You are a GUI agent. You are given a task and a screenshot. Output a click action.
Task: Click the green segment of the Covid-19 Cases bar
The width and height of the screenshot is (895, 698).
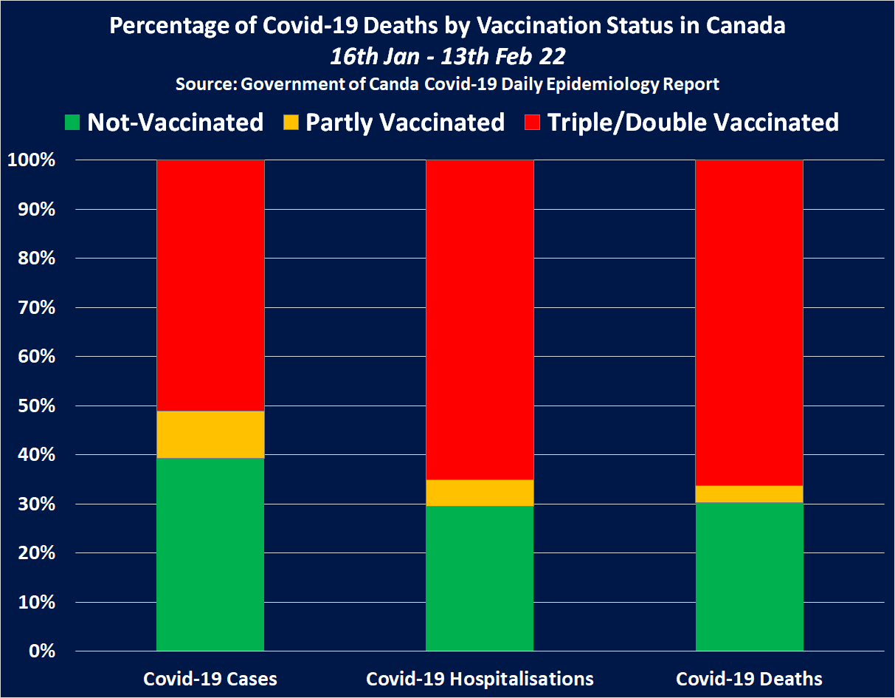click(210, 554)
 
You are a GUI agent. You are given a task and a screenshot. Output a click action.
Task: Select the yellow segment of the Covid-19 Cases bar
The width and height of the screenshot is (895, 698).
click(210, 434)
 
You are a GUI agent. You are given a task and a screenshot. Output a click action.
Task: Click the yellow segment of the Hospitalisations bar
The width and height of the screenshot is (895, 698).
click(480, 493)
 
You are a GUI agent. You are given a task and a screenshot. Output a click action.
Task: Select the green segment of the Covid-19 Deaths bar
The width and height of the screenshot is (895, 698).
click(750, 576)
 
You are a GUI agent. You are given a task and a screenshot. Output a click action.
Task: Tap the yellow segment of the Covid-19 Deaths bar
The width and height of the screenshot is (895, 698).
click(750, 494)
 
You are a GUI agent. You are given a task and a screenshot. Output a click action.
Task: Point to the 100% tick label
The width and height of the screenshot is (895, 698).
click(31, 160)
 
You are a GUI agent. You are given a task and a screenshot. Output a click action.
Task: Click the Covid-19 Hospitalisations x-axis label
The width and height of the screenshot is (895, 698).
click(480, 679)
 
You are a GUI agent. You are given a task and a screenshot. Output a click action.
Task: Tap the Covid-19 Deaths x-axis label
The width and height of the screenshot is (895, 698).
click(749, 679)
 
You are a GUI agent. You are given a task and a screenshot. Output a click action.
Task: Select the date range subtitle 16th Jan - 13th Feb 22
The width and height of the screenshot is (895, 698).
click(447, 56)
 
